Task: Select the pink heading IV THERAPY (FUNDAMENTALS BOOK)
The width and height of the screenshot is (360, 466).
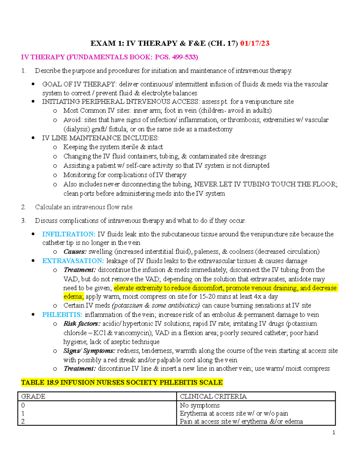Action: coord(109,57)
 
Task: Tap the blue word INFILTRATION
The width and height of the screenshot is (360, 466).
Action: coord(69,234)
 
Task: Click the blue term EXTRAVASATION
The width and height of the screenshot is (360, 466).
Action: coord(73,261)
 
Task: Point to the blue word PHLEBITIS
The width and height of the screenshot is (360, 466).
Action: coord(62,314)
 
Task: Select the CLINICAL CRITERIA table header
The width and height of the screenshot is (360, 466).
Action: coord(213,396)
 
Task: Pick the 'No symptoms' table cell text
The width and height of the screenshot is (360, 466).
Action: coord(199,405)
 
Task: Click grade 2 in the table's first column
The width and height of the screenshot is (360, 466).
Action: coord(23,421)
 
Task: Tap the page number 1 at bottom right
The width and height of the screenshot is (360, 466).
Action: coord(334,432)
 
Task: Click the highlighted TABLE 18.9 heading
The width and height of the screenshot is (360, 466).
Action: coord(122,382)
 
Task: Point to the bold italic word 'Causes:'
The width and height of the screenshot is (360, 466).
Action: coord(75,251)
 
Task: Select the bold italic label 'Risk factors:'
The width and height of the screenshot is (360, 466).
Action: coord(82,323)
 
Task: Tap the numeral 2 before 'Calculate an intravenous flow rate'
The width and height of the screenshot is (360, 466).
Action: coord(23,207)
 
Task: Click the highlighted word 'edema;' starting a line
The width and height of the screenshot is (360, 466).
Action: coord(73,296)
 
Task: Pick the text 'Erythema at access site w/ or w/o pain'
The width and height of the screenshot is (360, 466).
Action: coord(234,413)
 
